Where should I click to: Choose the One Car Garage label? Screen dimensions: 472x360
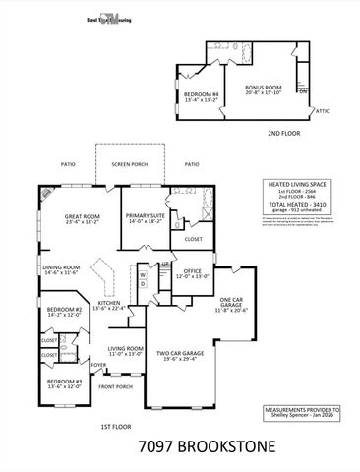tap(231, 303)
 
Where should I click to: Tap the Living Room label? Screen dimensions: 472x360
tap(125, 350)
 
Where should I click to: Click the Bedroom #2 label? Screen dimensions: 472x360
tap(64, 312)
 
